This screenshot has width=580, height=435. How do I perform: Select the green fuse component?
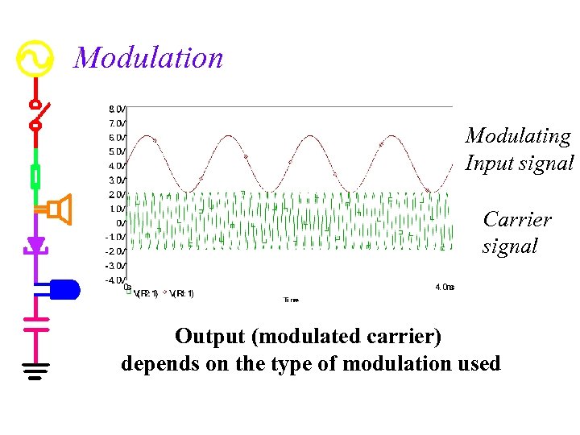pos(35,176)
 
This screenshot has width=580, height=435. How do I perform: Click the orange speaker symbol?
pos(59,209)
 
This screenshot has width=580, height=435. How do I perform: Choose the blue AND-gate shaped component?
pos(64,288)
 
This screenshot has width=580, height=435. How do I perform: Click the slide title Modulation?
pos(148,58)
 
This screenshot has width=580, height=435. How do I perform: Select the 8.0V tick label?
pos(117,109)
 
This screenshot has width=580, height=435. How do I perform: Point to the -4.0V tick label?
pos(115,280)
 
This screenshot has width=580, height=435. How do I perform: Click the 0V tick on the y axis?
pos(120,223)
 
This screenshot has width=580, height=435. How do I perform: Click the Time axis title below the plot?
pos(291,300)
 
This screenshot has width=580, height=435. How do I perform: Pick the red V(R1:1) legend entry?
pos(181,293)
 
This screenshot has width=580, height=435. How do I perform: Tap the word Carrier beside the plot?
pos(517,219)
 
